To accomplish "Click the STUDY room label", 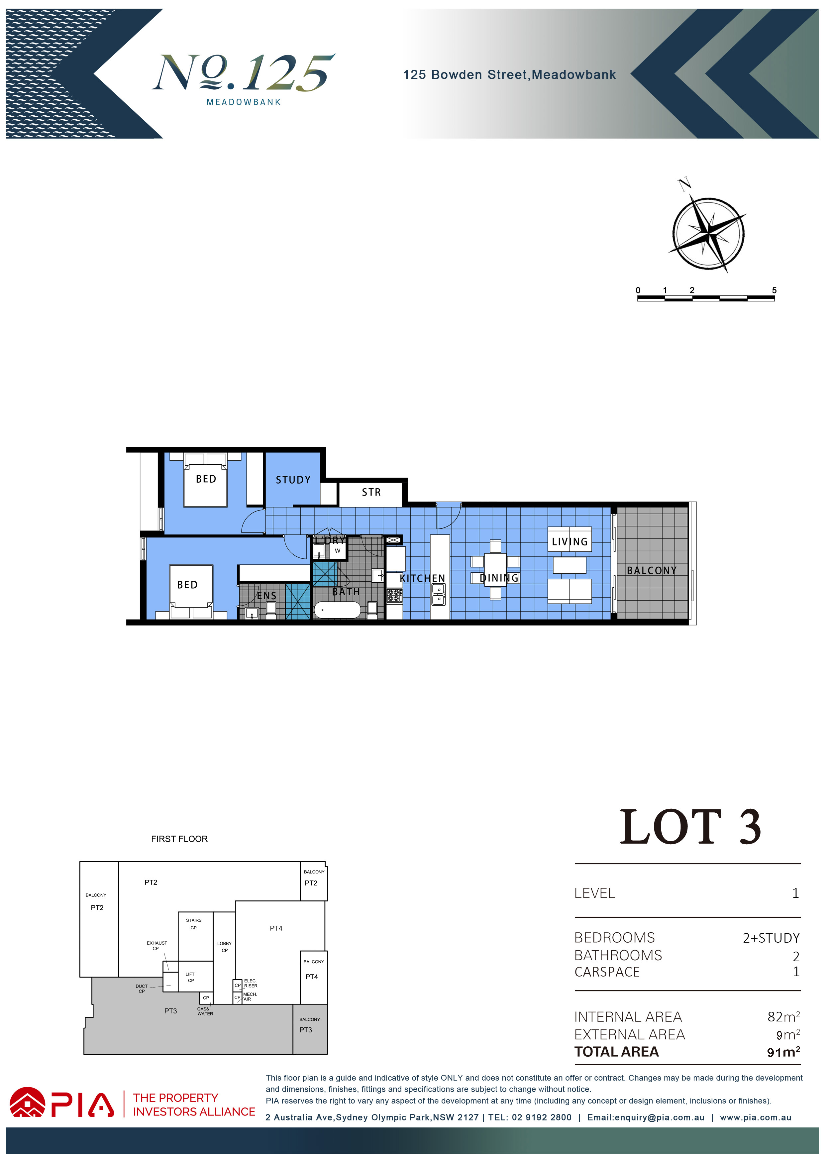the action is click(293, 480).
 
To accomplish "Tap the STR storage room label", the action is click(371, 492).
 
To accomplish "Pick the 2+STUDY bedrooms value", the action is click(771, 938).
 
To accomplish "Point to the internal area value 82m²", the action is click(784, 1017).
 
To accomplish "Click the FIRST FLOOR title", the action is click(179, 839).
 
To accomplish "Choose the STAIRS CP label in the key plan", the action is click(193, 924).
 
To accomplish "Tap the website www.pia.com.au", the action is click(756, 1117).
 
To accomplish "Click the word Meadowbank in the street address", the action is click(574, 75).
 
